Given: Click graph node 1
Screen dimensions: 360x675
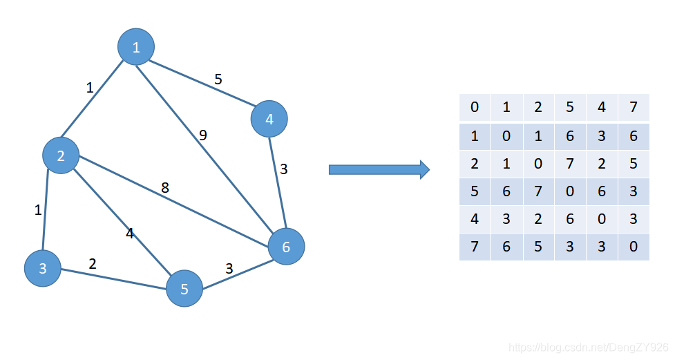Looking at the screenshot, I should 135,47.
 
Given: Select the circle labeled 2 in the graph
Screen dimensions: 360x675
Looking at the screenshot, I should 61,155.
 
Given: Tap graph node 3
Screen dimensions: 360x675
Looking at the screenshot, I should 43,268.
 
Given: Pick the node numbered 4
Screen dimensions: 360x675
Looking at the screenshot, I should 269,119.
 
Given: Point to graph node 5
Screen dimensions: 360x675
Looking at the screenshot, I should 184,288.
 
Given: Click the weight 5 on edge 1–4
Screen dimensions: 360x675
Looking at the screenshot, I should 218,79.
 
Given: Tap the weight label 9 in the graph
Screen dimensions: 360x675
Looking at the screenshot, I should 203,135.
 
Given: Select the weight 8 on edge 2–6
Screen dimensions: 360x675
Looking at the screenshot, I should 165,188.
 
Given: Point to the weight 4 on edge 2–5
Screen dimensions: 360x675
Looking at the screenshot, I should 129,234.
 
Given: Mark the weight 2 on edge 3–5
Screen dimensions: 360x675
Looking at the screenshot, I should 92,263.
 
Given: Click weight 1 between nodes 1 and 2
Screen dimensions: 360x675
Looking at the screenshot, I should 90,88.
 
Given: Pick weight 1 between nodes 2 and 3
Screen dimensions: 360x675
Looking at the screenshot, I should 38,210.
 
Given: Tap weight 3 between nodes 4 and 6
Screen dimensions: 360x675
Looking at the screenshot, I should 283,169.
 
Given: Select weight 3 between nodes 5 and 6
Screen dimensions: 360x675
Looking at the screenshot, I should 229,269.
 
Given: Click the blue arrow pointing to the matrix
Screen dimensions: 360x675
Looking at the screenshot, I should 379,169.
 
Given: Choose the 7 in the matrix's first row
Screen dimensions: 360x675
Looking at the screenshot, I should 634,107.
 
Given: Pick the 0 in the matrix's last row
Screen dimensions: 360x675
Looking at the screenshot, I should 634,246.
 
